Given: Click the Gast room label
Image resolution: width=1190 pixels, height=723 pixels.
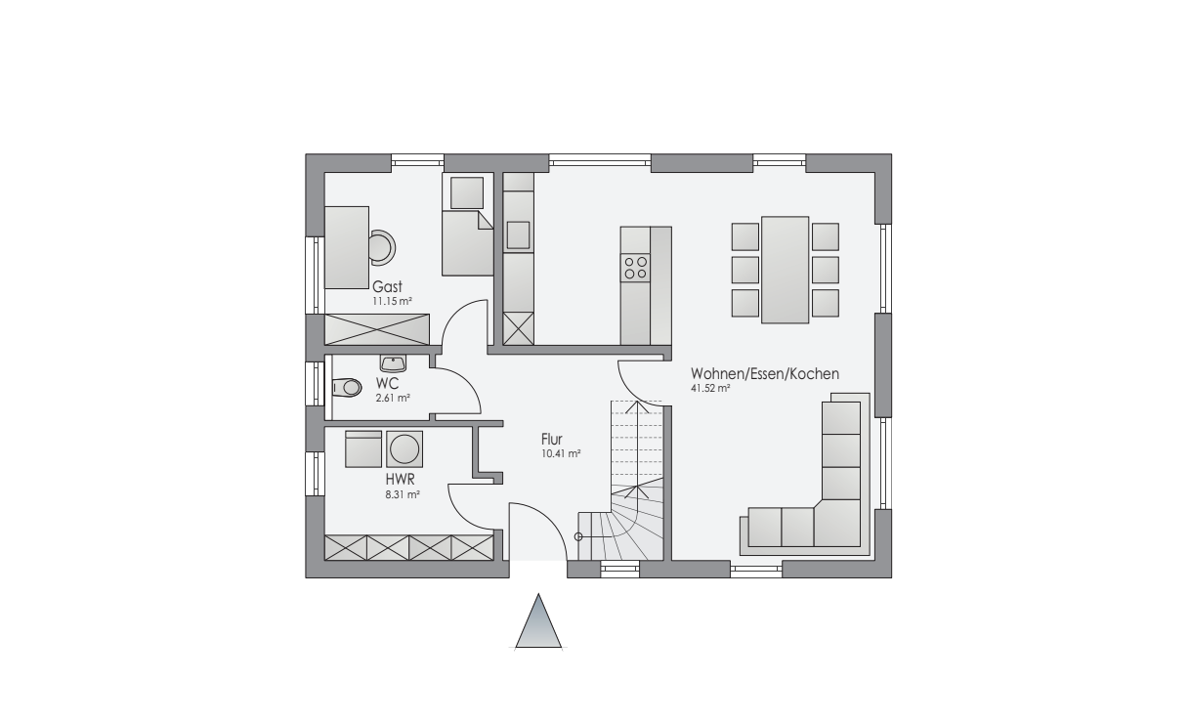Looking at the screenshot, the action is (x=387, y=287).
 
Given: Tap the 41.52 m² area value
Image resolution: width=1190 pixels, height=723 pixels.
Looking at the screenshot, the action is (x=710, y=388).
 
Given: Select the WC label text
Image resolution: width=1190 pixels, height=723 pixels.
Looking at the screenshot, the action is (x=387, y=383).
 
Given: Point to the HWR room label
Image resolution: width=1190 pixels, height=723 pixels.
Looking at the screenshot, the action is (x=400, y=480).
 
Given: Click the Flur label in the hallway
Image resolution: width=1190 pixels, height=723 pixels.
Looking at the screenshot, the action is (x=551, y=440).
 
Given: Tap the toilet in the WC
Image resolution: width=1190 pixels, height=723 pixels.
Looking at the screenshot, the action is (x=347, y=387).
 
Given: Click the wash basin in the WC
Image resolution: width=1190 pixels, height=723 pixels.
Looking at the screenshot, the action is (x=393, y=363).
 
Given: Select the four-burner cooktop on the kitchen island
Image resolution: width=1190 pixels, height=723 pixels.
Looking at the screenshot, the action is (x=635, y=268).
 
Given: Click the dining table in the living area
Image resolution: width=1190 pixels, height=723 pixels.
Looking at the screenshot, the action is (x=786, y=270).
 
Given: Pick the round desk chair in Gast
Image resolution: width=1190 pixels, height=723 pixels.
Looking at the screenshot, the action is (x=382, y=247).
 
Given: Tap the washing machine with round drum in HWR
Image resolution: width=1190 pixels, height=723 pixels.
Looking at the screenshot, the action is (x=404, y=449).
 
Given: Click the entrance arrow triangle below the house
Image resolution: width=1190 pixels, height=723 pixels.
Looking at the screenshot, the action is (x=538, y=621).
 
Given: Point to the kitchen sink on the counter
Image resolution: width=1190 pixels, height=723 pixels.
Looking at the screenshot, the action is (x=518, y=235).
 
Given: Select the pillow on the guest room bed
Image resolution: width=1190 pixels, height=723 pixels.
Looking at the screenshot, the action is (x=467, y=192).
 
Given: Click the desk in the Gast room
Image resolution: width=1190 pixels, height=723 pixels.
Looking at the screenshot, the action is (x=347, y=247).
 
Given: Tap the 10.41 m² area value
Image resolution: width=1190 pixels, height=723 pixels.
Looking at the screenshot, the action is (x=561, y=454).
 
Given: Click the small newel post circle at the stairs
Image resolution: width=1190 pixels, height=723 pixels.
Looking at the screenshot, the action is (x=578, y=537).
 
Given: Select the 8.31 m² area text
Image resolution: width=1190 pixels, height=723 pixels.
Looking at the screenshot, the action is (x=403, y=494).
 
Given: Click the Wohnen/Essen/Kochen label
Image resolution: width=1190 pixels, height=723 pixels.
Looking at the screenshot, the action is (x=765, y=374).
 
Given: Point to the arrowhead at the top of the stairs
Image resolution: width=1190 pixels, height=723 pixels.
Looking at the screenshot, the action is (x=636, y=406).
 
